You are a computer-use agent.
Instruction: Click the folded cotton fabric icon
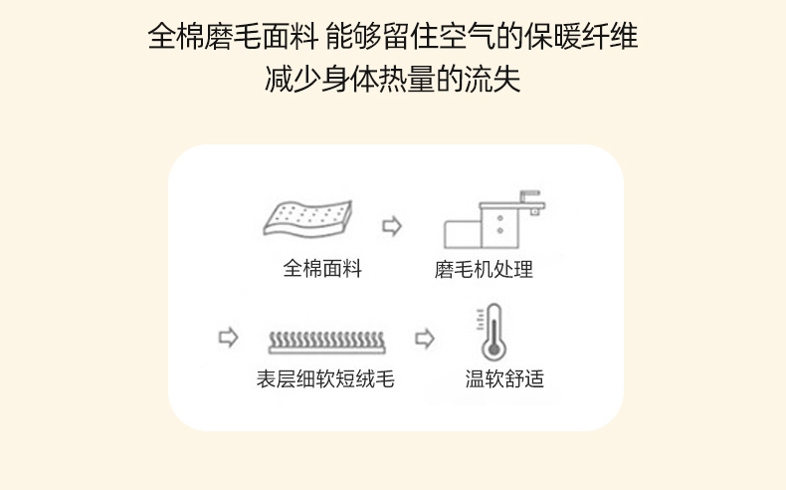click(x=307, y=219)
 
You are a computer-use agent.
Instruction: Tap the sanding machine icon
click(x=493, y=219)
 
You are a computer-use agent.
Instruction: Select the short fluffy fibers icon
click(x=326, y=343)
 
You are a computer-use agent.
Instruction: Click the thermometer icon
click(x=491, y=332)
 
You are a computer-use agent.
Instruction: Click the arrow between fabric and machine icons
click(x=392, y=226)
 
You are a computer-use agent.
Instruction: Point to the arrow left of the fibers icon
click(x=228, y=337)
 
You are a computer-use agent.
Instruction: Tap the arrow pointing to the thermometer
click(x=425, y=339)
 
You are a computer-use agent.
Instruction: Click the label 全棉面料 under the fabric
click(x=322, y=268)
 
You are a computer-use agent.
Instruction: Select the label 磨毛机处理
click(x=484, y=269)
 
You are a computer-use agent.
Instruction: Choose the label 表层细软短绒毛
click(x=325, y=378)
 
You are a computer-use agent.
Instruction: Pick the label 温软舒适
click(x=504, y=378)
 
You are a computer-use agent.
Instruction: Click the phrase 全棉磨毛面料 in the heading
click(x=233, y=36)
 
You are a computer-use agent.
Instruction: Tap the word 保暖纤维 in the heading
click(x=581, y=36)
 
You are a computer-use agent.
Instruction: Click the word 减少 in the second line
click(x=293, y=80)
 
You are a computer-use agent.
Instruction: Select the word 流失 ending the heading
click(x=492, y=80)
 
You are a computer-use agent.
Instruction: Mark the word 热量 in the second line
click(x=407, y=80)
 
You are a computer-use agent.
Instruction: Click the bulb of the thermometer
click(x=493, y=350)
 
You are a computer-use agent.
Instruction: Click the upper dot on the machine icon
click(x=499, y=218)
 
